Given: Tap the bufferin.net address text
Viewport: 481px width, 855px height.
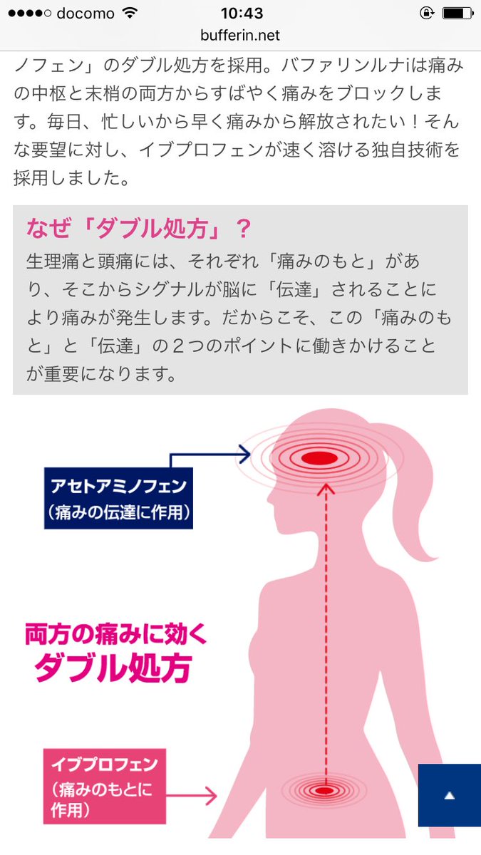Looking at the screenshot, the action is pyautogui.click(x=240, y=35).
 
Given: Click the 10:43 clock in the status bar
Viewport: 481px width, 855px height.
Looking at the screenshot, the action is pyautogui.click(x=241, y=14).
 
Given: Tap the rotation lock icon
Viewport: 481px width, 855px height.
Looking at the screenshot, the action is pyautogui.click(x=426, y=14).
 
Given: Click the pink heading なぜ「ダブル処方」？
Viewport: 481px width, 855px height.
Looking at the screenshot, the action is pyautogui.click(x=139, y=229).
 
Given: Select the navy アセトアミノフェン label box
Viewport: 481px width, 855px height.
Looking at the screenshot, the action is pyautogui.click(x=118, y=498).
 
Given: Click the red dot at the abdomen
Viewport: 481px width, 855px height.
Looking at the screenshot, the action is pyautogui.click(x=324, y=791).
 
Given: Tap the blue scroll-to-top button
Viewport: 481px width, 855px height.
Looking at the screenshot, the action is pyautogui.click(x=449, y=796).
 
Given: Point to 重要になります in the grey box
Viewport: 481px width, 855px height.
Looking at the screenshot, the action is pyautogui.click(x=100, y=373).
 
